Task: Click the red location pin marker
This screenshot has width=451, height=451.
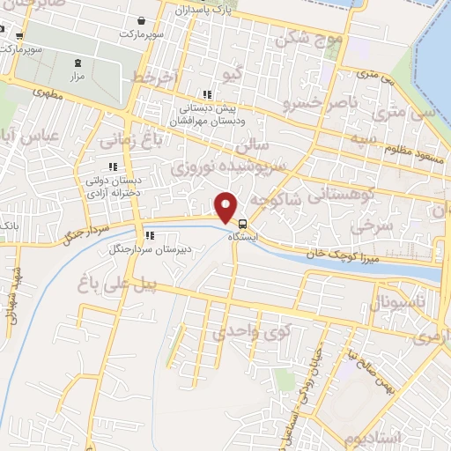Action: (x=226, y=207)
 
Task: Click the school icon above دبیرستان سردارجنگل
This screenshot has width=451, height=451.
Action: (x=150, y=236)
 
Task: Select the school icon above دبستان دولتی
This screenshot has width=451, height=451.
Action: (x=112, y=166)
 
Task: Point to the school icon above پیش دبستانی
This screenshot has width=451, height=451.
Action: (x=208, y=95)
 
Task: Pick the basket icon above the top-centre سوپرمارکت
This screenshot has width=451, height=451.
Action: (x=143, y=20)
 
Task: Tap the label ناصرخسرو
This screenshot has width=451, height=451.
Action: (x=320, y=104)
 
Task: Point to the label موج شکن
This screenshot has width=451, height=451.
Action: (x=307, y=39)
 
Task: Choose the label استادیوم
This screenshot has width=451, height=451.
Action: (x=373, y=438)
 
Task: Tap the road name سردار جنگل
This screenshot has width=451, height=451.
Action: (x=85, y=232)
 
